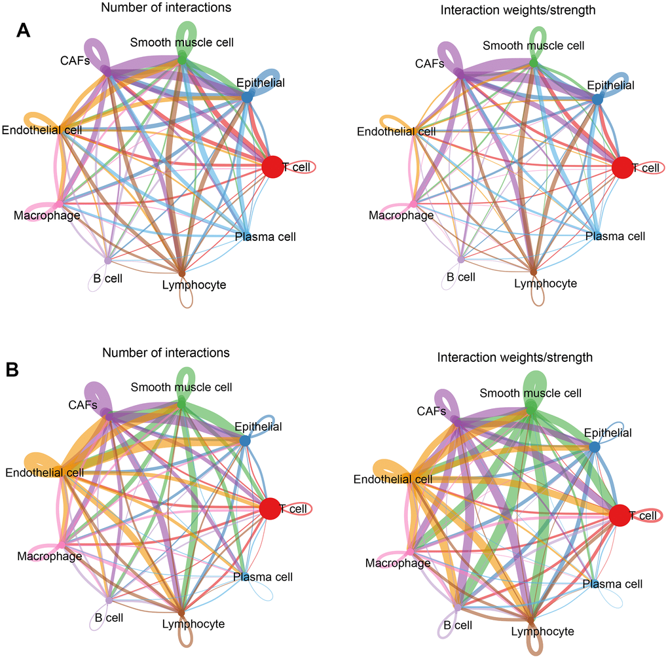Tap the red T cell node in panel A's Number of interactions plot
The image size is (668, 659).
(x=272, y=167)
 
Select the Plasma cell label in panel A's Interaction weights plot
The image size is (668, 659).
(x=615, y=236)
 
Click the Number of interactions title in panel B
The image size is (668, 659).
(x=166, y=353)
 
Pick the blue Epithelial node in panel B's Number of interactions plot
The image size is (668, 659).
(x=245, y=441)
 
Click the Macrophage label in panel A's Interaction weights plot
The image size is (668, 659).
(x=401, y=215)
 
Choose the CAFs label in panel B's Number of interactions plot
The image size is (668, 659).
(x=83, y=405)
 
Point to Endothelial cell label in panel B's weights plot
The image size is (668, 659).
(x=393, y=480)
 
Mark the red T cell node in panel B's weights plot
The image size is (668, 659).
(x=620, y=516)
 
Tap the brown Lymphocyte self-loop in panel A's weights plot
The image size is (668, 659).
(x=538, y=298)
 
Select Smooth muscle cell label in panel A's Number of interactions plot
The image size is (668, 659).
(x=181, y=43)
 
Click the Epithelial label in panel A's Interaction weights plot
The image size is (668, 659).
(x=610, y=86)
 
